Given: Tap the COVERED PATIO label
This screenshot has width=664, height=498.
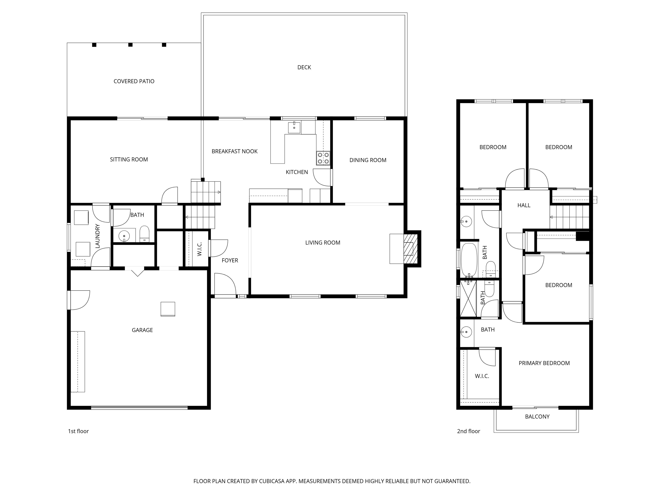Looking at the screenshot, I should click(134, 81).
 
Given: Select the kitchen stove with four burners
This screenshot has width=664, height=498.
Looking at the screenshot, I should click(323, 158).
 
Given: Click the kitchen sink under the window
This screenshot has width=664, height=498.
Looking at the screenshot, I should click(294, 127).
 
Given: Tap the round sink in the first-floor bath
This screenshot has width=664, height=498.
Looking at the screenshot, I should click(124, 236).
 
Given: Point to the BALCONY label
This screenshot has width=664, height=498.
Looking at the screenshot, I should click(537, 417).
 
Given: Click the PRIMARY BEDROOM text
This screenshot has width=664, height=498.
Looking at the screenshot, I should click(544, 363).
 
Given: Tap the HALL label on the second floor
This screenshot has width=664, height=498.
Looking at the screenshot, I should click(524, 206).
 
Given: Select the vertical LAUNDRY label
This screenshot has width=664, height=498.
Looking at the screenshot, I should click(97, 236).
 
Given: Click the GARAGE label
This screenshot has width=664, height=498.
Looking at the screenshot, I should click(142, 330).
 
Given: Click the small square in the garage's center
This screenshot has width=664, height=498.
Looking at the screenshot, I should click(168, 309).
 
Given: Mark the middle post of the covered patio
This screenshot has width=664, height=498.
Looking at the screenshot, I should click(130, 45).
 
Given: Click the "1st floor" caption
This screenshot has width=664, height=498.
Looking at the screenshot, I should click(78, 431).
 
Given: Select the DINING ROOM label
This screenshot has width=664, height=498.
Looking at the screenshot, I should click(367, 160).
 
